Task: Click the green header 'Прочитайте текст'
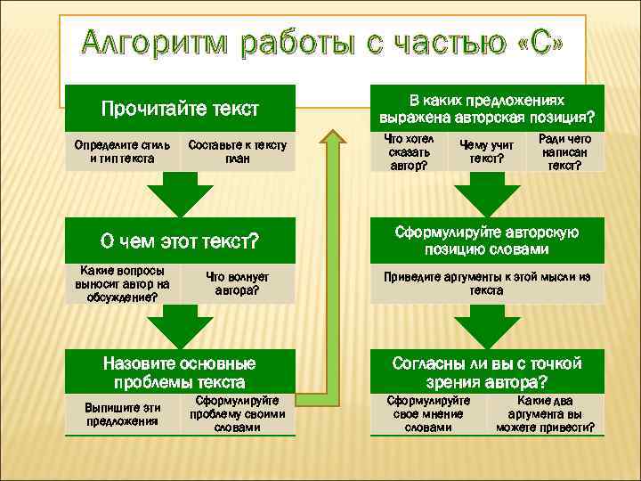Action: (x=180, y=109)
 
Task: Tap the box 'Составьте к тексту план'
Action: (x=238, y=151)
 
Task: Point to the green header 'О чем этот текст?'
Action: (x=180, y=241)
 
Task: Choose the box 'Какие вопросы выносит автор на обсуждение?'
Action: (x=122, y=283)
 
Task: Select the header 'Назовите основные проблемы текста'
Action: (x=180, y=372)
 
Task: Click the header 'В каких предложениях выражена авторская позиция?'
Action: (x=487, y=108)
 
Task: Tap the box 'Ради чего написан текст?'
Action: (x=564, y=151)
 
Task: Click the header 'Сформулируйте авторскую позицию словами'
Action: (x=487, y=240)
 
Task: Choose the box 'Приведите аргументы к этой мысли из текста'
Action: (x=487, y=283)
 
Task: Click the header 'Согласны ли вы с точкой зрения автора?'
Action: (x=487, y=372)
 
